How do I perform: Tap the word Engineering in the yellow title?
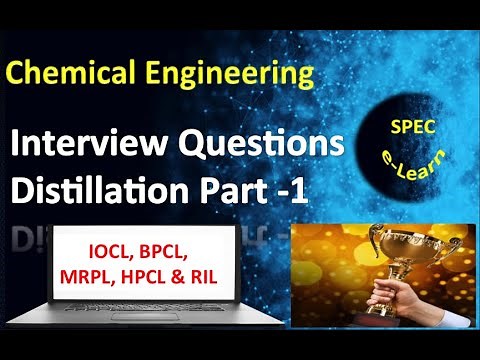click(233, 74)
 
